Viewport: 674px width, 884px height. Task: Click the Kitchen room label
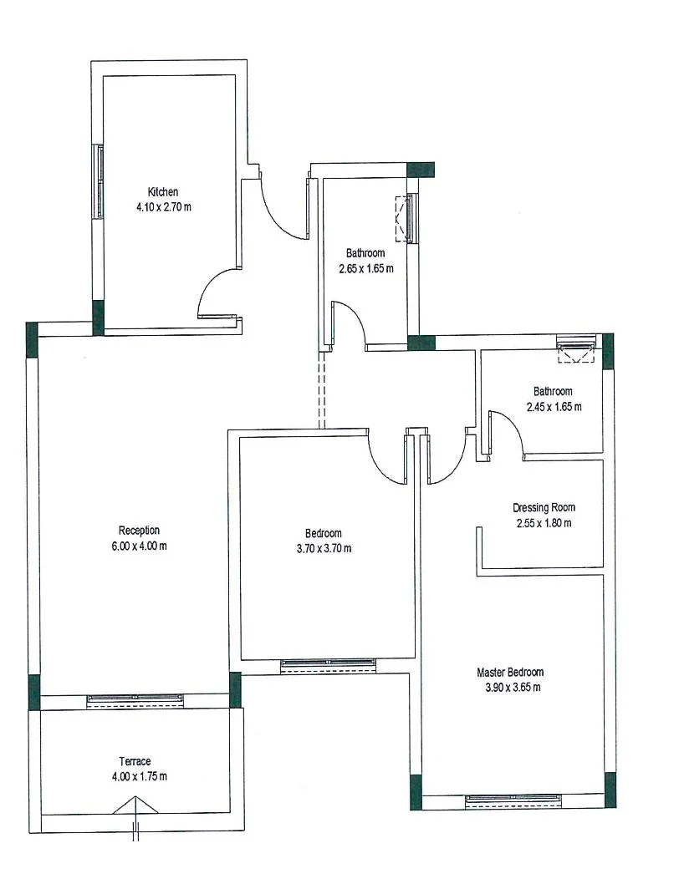163,191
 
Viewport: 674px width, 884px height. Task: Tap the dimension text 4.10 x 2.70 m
164,207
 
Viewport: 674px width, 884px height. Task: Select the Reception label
140,530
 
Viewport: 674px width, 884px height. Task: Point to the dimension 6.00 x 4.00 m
140,546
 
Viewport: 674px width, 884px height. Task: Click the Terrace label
135,761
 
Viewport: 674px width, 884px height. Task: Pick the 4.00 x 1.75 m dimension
140,776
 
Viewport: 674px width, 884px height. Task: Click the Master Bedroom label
510,672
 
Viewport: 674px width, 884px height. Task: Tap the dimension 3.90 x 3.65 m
513,688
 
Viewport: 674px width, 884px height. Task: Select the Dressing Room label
544,507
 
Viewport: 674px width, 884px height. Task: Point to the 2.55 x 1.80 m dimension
544,522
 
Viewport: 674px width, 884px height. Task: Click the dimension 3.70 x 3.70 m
324,548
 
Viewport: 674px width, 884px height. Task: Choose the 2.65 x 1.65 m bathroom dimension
366,268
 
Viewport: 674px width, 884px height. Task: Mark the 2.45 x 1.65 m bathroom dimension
554,406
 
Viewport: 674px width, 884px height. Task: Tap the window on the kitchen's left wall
100,181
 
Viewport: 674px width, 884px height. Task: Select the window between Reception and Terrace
135,700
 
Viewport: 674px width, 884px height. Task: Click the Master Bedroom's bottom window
513,800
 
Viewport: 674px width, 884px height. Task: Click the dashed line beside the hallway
321,390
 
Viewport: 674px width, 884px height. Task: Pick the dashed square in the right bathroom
576,353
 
